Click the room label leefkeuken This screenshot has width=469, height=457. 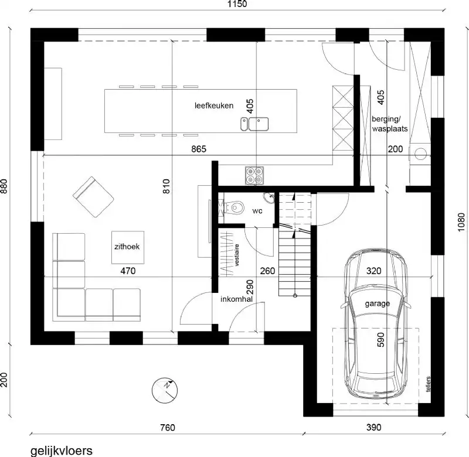(215, 106)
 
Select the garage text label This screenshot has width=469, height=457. (378, 304)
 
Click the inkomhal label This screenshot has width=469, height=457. (236, 299)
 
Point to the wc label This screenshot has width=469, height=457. (258, 210)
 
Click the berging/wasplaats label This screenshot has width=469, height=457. (389, 124)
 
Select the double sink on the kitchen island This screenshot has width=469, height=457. (254, 124)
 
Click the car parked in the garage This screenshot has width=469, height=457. (375, 325)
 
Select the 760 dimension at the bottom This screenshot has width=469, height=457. (167, 428)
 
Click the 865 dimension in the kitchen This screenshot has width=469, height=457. (199, 149)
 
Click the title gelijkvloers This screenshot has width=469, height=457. (61, 450)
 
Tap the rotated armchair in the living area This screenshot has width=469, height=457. (93, 196)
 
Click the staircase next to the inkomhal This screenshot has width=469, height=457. (294, 246)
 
